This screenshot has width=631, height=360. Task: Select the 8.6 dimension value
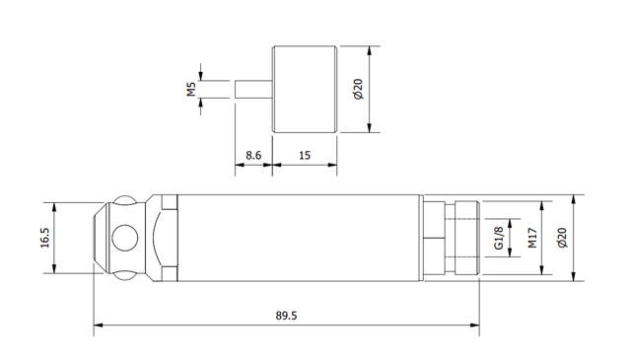[252, 156]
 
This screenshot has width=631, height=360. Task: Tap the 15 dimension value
[304, 156]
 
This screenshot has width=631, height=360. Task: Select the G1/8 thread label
[498, 239]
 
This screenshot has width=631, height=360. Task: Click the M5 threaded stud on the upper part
[253, 88]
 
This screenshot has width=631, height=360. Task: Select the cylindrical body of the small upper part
[305, 89]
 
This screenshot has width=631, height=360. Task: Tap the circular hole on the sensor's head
[125, 239]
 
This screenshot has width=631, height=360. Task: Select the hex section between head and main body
[165, 239]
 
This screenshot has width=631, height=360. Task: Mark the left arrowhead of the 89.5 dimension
[98, 324]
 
